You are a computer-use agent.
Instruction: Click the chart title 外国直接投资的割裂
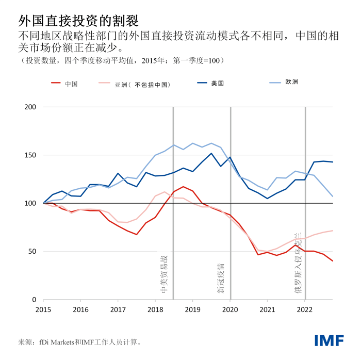click(x=78, y=20)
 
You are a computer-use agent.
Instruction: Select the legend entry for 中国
click(x=71, y=84)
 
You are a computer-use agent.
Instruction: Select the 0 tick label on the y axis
click(x=34, y=300)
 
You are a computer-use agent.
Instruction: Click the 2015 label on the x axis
click(x=44, y=310)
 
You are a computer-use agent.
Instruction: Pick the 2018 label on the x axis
click(x=155, y=310)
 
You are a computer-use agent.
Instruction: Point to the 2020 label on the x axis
click(x=230, y=310)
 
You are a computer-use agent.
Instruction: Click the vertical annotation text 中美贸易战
click(x=164, y=273)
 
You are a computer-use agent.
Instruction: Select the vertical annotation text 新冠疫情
click(x=221, y=279)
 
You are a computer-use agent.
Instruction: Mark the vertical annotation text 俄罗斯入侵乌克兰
click(x=298, y=263)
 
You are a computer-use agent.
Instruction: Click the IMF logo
click(x=330, y=340)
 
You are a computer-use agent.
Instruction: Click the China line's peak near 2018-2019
click(x=183, y=187)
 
